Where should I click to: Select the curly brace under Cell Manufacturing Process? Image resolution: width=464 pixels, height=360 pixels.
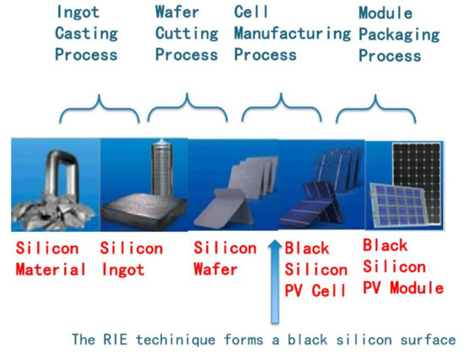pyautogui.click(x=279, y=112)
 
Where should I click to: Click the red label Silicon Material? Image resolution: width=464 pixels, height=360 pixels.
pyautogui.click(x=49, y=259)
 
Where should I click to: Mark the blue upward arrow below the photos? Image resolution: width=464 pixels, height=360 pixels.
pyautogui.click(x=272, y=282)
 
